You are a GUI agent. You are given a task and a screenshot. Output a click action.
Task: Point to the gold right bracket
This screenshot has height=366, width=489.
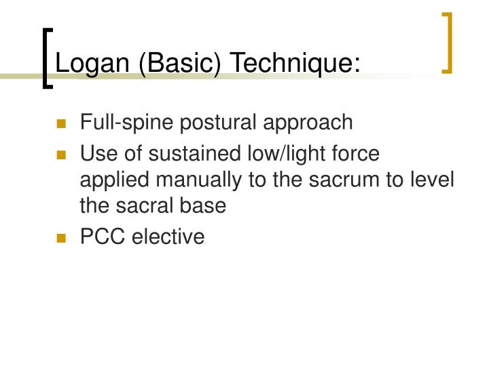pyautogui.click(x=446, y=42)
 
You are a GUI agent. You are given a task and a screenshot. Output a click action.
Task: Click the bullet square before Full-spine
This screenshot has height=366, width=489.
pyautogui.click(x=62, y=124)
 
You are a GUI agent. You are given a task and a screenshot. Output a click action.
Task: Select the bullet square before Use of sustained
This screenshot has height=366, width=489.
pyautogui.click(x=62, y=155)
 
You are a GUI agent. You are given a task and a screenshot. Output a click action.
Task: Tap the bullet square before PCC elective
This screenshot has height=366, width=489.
pyautogui.click(x=62, y=239)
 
